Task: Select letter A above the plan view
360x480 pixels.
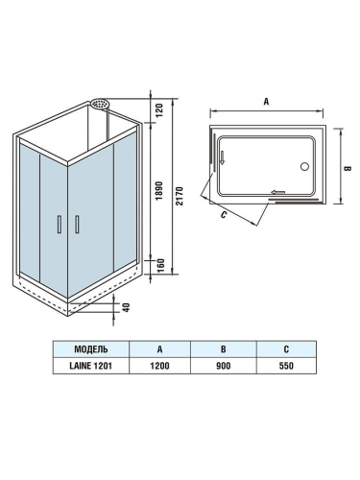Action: coord(265,99)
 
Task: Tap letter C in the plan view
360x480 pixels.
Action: coord(224,216)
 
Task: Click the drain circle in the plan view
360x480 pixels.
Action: coord(306,166)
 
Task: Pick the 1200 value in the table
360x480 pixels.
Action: coord(159,365)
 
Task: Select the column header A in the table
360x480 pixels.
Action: coord(159,348)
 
